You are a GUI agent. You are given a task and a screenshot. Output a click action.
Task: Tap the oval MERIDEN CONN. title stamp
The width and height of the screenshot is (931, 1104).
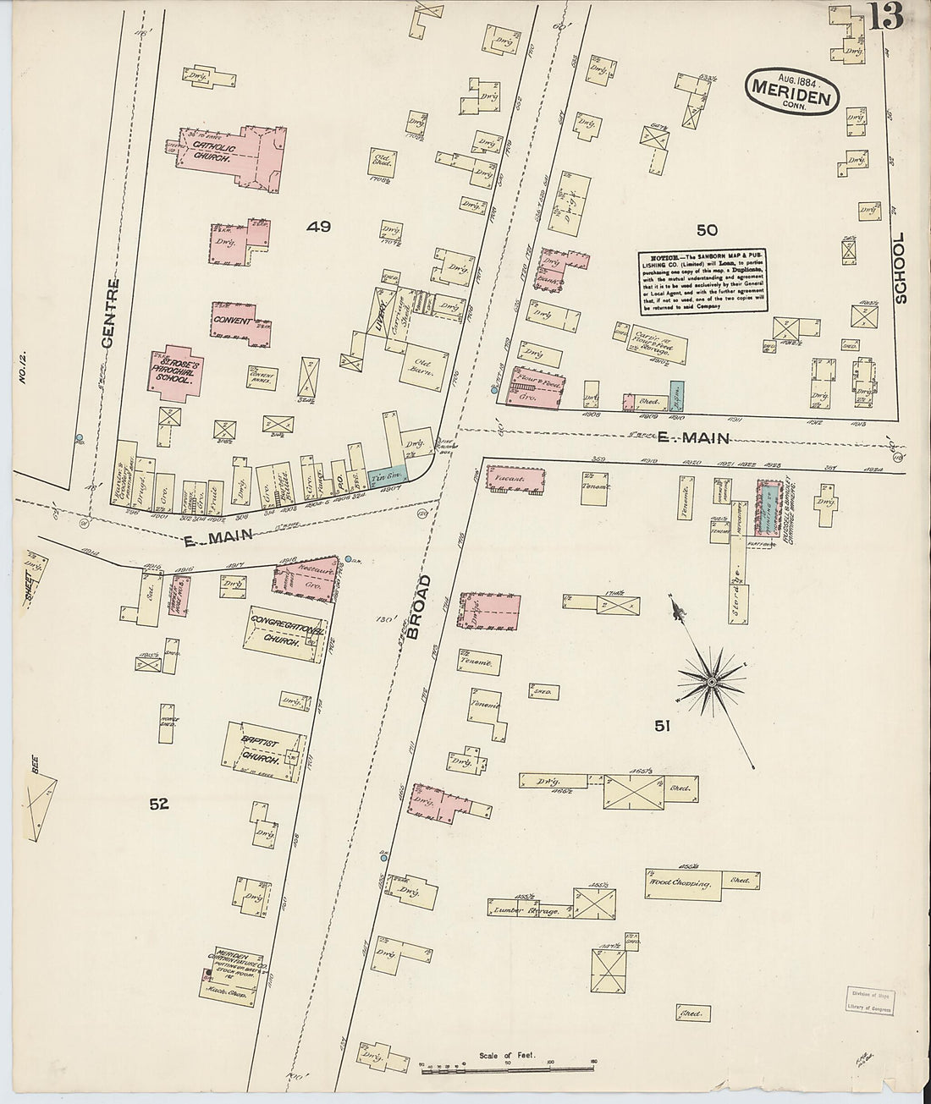792,91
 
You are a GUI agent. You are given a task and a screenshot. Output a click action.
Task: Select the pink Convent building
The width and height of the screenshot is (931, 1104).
241,323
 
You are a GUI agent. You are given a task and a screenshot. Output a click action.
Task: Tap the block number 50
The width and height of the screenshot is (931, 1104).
707,229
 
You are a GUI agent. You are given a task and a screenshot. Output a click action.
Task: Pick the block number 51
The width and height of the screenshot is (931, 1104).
663,724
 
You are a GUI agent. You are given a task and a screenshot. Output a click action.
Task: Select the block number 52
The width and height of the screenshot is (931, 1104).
159,805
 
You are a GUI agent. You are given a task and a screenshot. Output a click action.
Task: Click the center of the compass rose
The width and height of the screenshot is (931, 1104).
713,680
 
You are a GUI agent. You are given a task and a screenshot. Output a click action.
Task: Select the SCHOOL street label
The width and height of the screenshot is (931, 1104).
899,267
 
